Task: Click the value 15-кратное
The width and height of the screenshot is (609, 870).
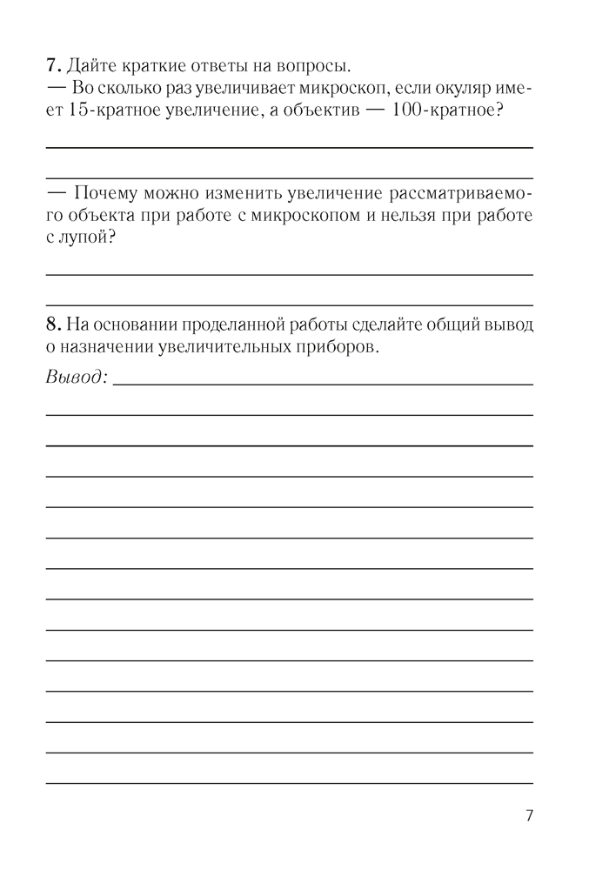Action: [x=109, y=112]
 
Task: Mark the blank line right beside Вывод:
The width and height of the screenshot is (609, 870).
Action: [x=322, y=383]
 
